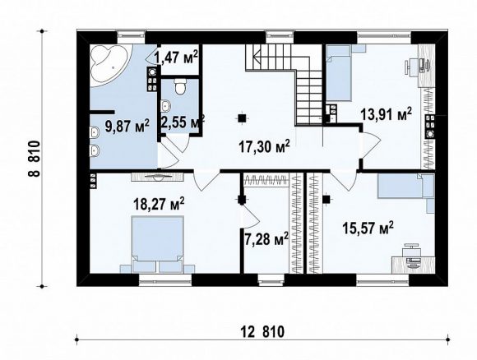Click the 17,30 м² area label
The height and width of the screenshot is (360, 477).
(x=264, y=147)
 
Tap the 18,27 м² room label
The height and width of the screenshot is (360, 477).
(x=159, y=204)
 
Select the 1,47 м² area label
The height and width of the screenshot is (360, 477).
(x=177, y=57)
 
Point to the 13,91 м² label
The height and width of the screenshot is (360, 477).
(x=386, y=114)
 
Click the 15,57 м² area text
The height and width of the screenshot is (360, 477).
(x=368, y=228)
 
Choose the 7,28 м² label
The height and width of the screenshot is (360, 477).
(x=266, y=238)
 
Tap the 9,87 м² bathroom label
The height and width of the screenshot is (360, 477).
(x=127, y=126)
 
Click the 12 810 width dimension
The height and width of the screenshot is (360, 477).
(x=262, y=331)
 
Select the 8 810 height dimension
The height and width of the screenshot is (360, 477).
(x=34, y=159)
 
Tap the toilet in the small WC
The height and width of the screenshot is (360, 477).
(x=181, y=86)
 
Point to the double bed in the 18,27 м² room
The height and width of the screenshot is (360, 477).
(x=158, y=244)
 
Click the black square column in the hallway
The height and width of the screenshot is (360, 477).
(x=242, y=118)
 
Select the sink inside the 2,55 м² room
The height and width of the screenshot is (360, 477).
(x=166, y=106)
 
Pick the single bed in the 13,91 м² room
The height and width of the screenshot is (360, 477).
(x=339, y=72)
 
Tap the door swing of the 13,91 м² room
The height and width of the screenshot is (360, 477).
(x=370, y=143)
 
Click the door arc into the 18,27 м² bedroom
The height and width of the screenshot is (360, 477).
(x=206, y=182)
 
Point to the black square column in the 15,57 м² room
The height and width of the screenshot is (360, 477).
(x=326, y=200)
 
